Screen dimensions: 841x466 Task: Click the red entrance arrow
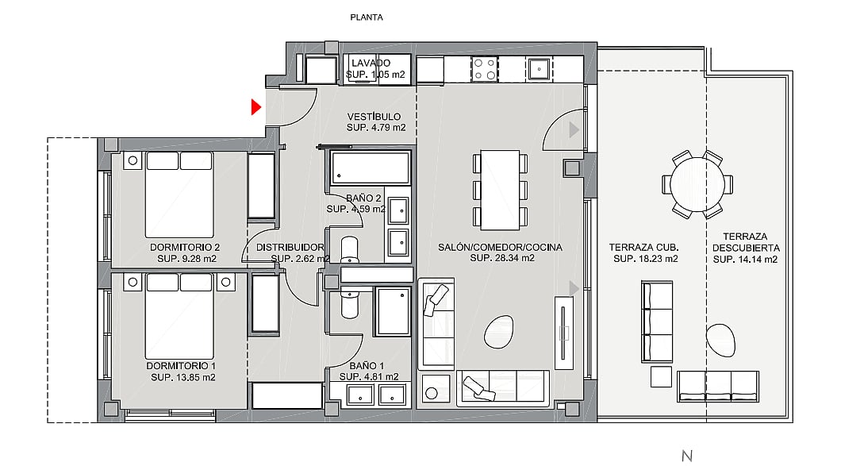pos(255,107)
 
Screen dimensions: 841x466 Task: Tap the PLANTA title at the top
pos(367,17)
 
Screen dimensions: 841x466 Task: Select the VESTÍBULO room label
pos(374,117)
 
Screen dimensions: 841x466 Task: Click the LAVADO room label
pos(371,63)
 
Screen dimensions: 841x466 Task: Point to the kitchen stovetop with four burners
pos(484,69)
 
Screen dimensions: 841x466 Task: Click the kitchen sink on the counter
pos(538,69)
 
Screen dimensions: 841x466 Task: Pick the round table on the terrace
pos(697,184)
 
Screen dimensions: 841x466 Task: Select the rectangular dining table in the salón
pos(500,190)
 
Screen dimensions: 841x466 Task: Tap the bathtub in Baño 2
pos(371,168)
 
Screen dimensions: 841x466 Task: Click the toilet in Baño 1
pos(350,302)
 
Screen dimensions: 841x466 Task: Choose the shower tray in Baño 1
pos(394,311)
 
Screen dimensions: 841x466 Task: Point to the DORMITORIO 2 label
pos(185,248)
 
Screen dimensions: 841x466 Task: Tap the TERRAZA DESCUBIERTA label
pos(746,242)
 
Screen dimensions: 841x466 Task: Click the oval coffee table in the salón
pos(499,332)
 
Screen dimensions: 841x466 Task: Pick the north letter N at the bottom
pos(687,456)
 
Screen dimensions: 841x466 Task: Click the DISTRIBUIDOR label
pos(290,248)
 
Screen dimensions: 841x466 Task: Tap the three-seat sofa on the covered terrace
pos(656,322)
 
